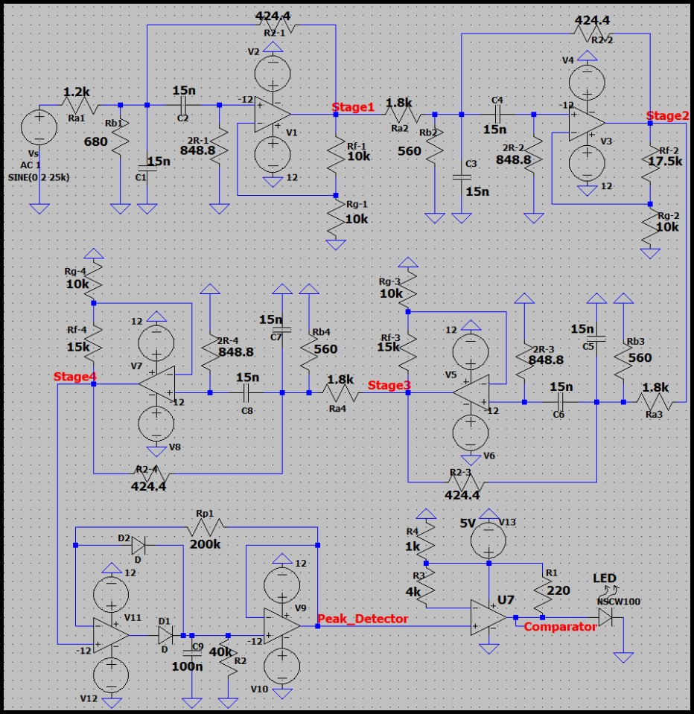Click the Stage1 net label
354,107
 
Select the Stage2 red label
667,115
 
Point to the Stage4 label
74,377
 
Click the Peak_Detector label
362,619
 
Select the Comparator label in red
560,627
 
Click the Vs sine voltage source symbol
38,127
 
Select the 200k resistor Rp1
206,529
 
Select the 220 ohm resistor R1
543,588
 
